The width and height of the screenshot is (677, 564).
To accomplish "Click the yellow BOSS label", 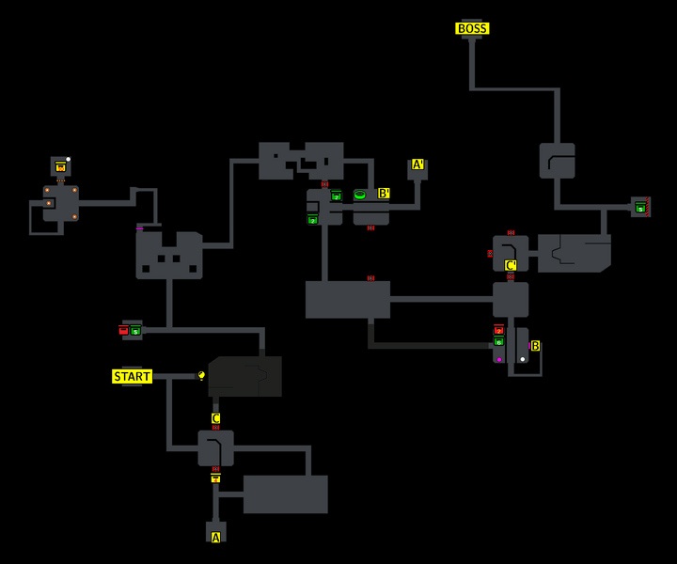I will (472, 28).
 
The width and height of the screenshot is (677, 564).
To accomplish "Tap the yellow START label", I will (132, 377).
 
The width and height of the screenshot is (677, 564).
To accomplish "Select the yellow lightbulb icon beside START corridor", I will (201, 375).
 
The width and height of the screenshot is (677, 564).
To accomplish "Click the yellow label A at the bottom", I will (215, 538).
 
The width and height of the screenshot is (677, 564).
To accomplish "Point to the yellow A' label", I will (417, 164).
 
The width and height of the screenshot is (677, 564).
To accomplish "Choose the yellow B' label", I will (384, 194).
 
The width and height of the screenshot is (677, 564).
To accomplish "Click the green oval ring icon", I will (360, 195).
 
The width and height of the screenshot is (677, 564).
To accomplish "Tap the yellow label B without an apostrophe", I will (535, 346).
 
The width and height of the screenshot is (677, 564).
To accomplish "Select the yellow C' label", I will (511, 265).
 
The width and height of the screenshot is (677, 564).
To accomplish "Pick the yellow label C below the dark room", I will (215, 418).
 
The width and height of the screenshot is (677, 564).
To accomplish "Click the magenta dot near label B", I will (499, 359).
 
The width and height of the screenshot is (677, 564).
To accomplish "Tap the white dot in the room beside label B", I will (523, 359).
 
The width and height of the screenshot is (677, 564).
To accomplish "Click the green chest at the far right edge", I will (640, 208).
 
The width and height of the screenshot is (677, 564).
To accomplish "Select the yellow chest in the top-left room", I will (61, 167).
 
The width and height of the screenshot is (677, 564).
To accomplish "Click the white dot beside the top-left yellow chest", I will (69, 159).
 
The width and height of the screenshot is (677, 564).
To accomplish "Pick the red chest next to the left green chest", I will (123, 330).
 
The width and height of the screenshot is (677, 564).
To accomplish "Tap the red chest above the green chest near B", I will (498, 330).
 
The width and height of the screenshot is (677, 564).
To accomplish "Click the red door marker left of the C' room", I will (490, 253).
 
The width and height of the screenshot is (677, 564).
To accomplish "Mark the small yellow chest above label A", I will (215, 478).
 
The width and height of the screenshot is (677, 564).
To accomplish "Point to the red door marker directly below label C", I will (215, 428).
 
